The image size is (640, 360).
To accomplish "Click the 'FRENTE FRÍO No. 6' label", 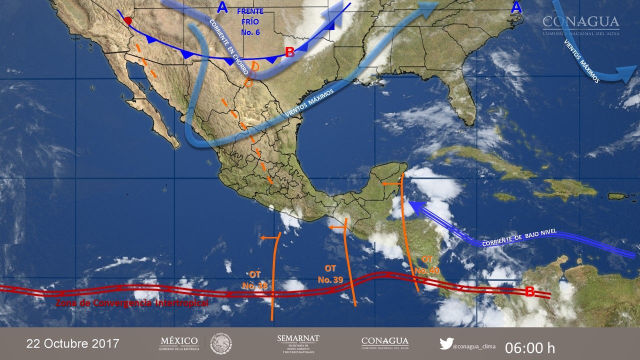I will pyautogui.click(x=250, y=22).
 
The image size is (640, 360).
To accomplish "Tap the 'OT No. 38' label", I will pyautogui.click(x=255, y=280).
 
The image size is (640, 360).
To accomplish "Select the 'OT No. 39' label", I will pyautogui.click(x=330, y=274).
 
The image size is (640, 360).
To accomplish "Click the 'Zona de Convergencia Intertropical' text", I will pyautogui.click(x=132, y=303).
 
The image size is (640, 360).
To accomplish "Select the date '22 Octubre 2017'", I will pyautogui.click(x=72, y=343).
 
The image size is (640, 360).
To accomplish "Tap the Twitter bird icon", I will pyautogui.click(x=446, y=343).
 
